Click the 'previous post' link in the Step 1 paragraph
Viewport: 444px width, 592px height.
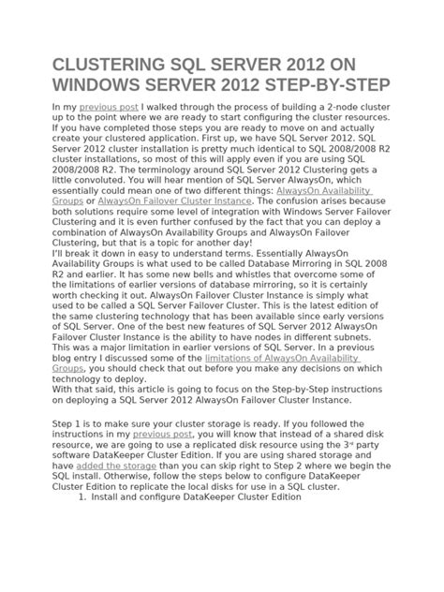(162, 436)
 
